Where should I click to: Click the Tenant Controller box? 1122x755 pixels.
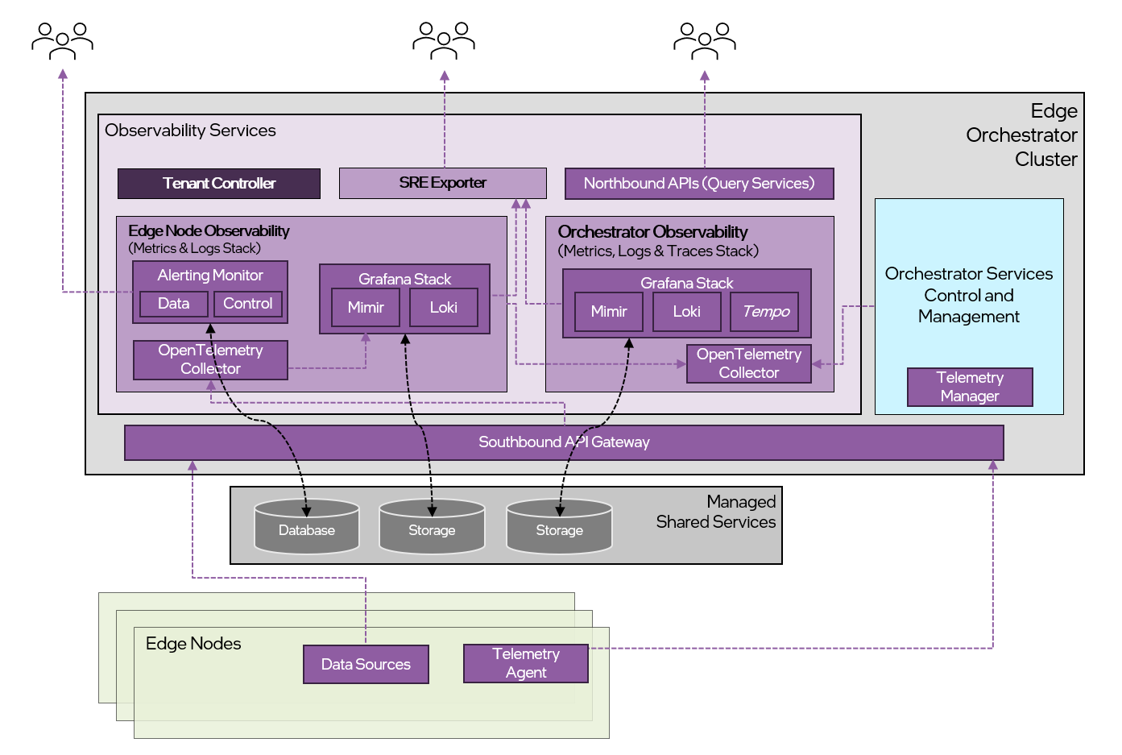pyautogui.click(x=218, y=184)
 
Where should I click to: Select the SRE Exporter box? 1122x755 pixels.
pyautogui.click(x=442, y=183)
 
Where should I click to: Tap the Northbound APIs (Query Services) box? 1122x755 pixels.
pyautogui.click(x=698, y=184)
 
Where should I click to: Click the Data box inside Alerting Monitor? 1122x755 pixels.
pyautogui.click(x=173, y=304)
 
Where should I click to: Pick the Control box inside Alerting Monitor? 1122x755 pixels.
pyautogui.click(x=247, y=304)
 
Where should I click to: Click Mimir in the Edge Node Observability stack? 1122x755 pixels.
pyautogui.click(x=366, y=308)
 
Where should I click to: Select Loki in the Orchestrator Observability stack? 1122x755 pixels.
pyautogui.click(x=686, y=312)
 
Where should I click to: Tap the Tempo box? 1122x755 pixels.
pyautogui.click(x=764, y=312)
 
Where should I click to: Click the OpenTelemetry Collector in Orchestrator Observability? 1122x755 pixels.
pyautogui.click(x=748, y=363)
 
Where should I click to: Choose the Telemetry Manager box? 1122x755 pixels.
pyautogui.click(x=969, y=387)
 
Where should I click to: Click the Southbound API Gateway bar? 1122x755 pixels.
pyautogui.click(x=564, y=442)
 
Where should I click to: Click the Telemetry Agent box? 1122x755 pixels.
pyautogui.click(x=525, y=663)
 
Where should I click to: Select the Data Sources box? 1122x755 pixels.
pyautogui.click(x=366, y=664)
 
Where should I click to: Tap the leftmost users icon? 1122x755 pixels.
pyautogui.click(x=62, y=40)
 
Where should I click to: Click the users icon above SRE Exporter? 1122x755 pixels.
pyautogui.click(x=444, y=40)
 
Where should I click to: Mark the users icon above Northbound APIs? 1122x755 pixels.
pyautogui.click(x=705, y=40)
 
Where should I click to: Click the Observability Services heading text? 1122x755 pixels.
pyautogui.click(x=190, y=131)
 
